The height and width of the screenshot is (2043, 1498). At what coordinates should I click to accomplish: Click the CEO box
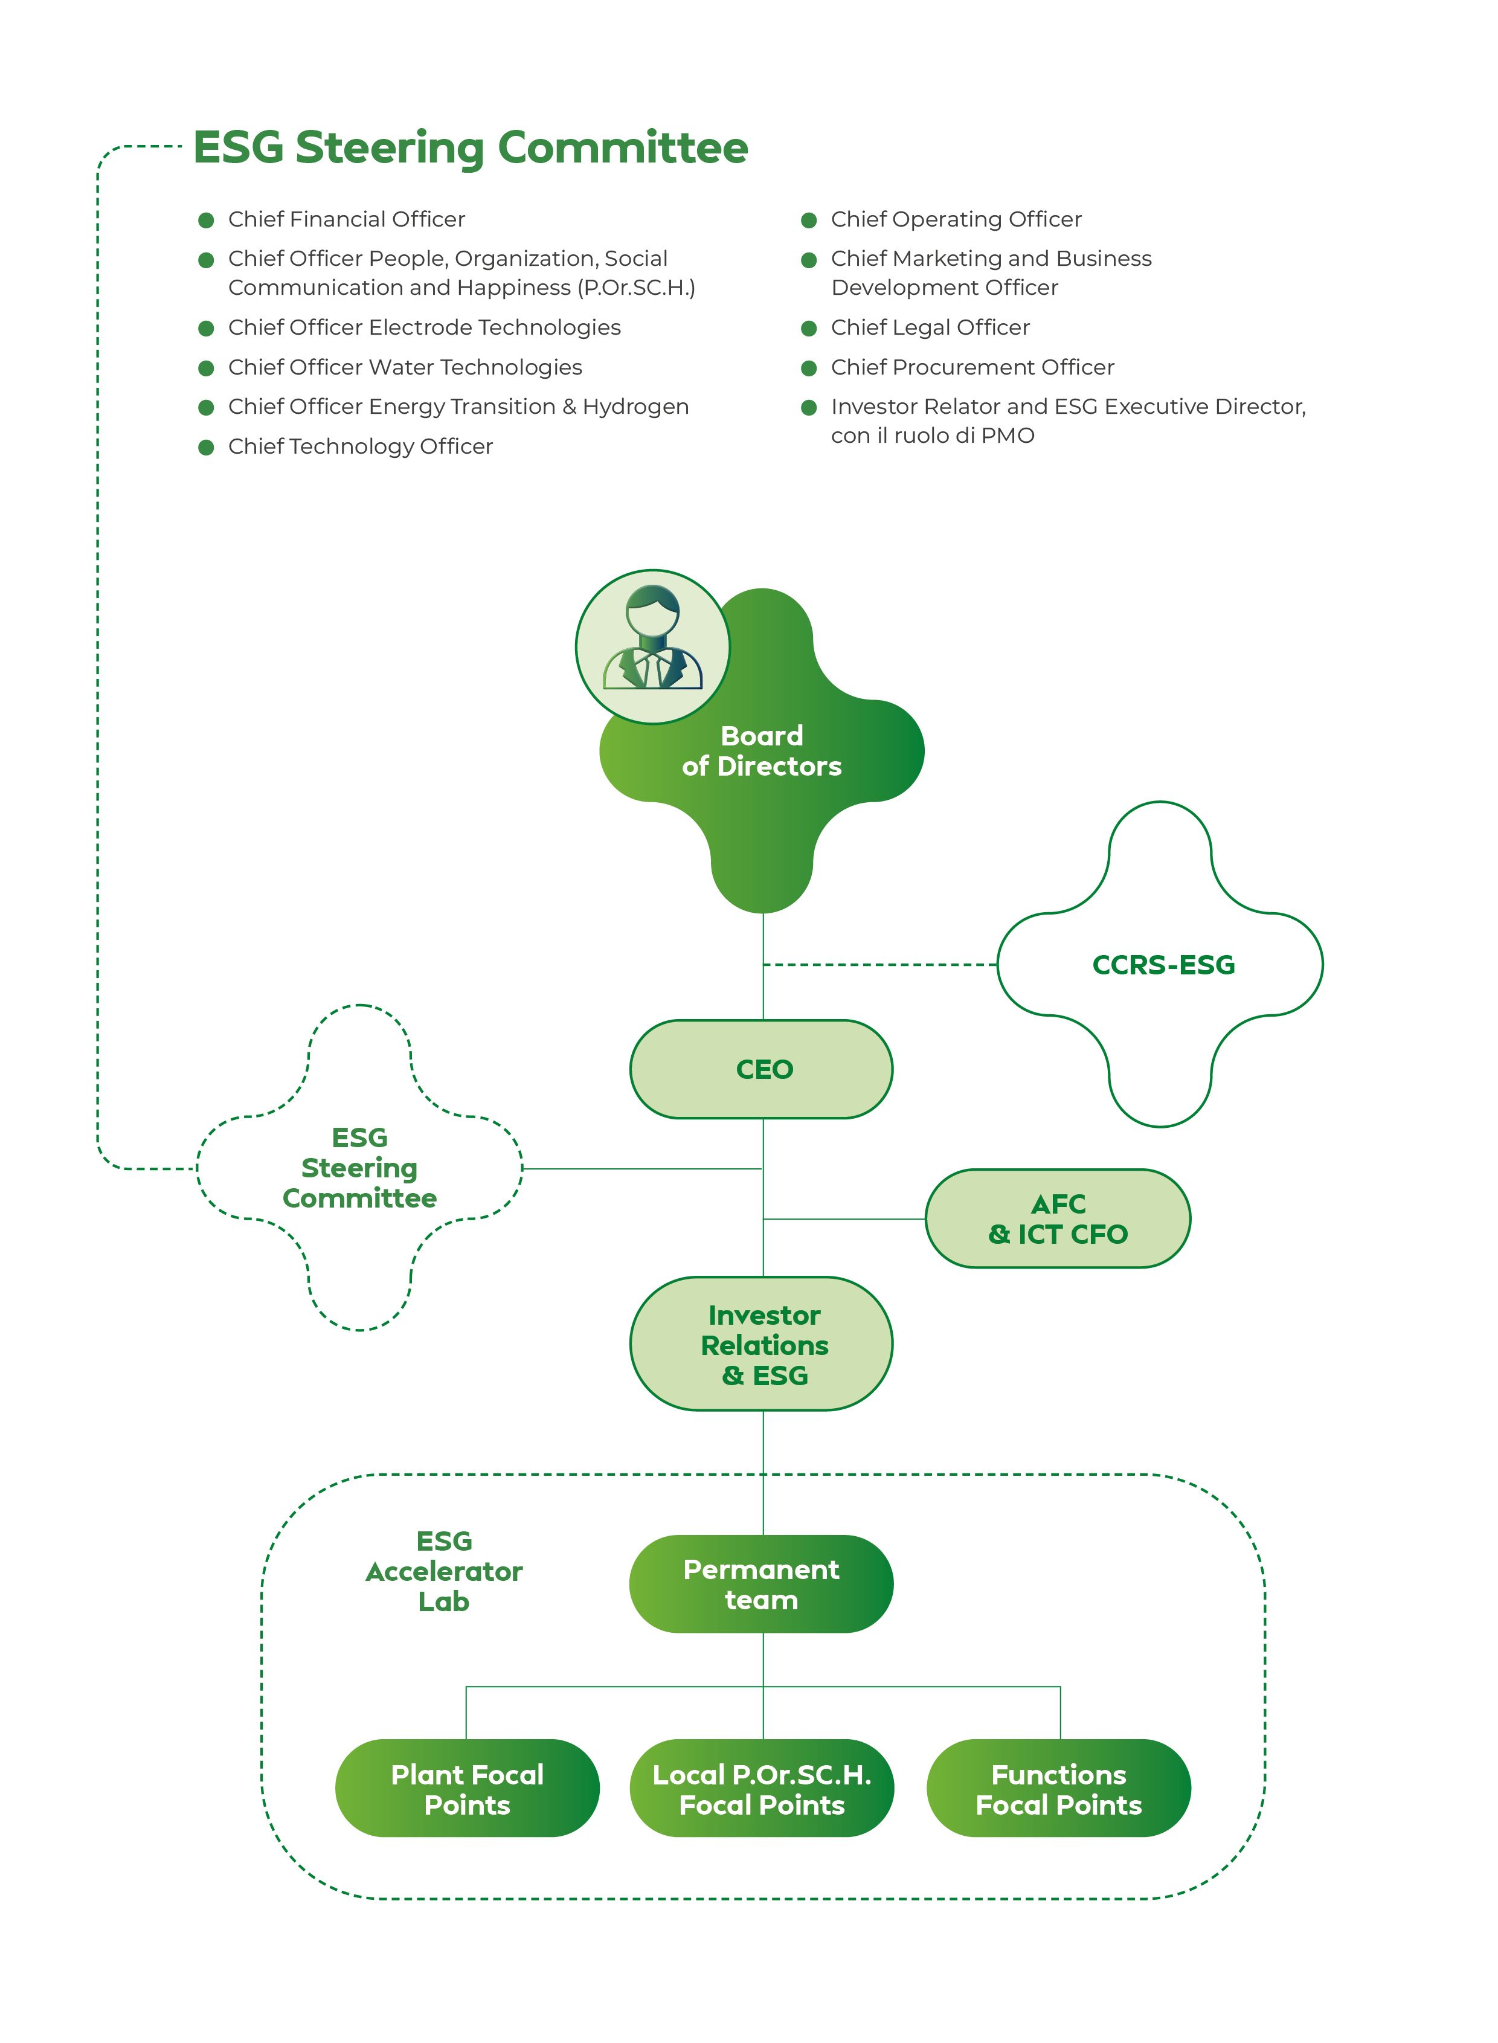point(761,1069)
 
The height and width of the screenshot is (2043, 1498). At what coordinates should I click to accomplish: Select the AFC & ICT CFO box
point(1057,1218)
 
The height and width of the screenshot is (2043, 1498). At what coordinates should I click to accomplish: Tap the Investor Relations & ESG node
point(762,1344)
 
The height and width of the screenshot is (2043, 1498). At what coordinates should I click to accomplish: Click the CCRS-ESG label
point(1163,965)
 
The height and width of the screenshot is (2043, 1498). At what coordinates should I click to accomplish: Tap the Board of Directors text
point(762,751)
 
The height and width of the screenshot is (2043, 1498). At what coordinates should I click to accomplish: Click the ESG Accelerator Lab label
point(445,1571)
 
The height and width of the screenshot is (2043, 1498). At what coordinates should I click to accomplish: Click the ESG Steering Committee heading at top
point(471,148)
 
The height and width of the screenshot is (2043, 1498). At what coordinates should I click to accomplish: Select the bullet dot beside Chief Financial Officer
point(206,220)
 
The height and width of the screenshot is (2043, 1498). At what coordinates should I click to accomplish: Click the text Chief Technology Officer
point(360,446)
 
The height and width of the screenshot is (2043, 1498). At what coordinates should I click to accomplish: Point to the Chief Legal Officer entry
point(930,327)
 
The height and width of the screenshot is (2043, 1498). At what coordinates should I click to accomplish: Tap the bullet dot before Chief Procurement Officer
point(809,368)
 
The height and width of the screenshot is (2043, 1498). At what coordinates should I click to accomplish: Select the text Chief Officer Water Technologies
point(405,367)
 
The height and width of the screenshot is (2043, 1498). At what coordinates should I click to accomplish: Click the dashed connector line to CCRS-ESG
point(879,965)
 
